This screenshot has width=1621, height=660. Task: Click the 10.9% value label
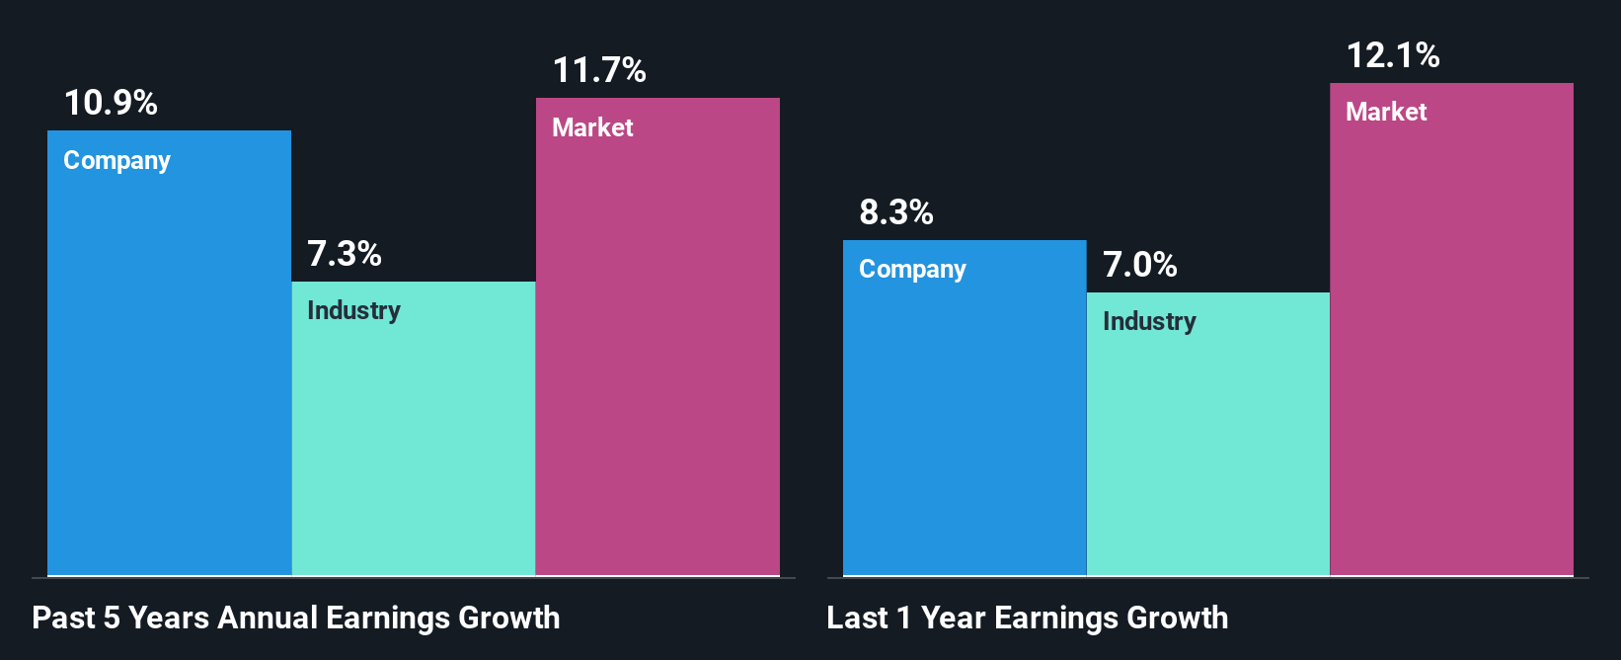click(111, 103)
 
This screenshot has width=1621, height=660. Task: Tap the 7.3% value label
click(345, 254)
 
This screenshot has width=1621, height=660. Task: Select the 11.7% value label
click(599, 70)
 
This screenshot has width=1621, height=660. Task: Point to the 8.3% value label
click(896, 212)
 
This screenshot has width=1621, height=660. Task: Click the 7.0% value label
click(1140, 265)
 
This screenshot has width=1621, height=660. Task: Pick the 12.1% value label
click(1393, 55)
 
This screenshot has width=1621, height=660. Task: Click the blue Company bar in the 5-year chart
click(169, 375)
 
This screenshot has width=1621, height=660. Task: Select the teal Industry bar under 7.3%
click(414, 445)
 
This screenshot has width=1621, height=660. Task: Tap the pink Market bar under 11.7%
click(657, 356)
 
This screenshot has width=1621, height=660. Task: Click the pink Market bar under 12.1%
click(1451, 346)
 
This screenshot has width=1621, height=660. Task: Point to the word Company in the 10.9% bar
click(116, 160)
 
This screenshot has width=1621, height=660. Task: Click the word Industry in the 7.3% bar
click(353, 310)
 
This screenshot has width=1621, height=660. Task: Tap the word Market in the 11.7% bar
click(592, 127)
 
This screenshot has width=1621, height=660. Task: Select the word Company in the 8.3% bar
click(912, 269)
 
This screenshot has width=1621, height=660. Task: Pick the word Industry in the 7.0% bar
click(1149, 321)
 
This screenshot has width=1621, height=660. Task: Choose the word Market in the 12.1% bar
click(1386, 112)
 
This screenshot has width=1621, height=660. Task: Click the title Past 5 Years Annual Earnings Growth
click(296, 618)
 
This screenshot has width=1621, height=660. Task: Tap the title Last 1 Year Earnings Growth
click(1028, 618)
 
